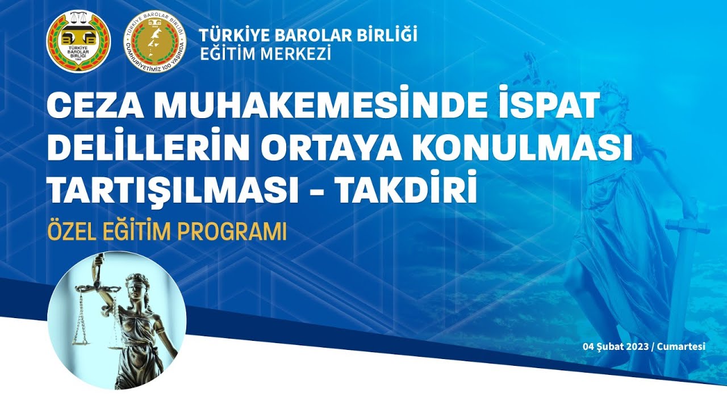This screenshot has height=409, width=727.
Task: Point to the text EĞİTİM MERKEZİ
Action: pos(265,54)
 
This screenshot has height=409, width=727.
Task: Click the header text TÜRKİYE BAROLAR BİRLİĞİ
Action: pos(308,35)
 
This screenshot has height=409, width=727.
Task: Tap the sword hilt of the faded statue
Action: pos(688,226)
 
